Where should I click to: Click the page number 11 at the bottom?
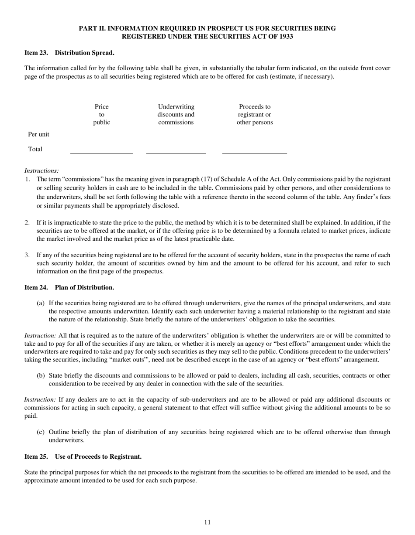coord(207,522)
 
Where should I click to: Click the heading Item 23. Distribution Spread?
coord(69,53)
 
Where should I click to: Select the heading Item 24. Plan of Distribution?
coord(69,287)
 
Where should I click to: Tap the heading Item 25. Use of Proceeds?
coord(83,457)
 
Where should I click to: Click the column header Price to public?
coord(101,115)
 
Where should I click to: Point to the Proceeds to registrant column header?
coord(254,115)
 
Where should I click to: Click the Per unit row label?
coord(38,134)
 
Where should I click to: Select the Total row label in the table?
coord(35,149)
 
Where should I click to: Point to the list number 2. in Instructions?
coord(27,222)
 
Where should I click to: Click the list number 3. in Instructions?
coord(27,255)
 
